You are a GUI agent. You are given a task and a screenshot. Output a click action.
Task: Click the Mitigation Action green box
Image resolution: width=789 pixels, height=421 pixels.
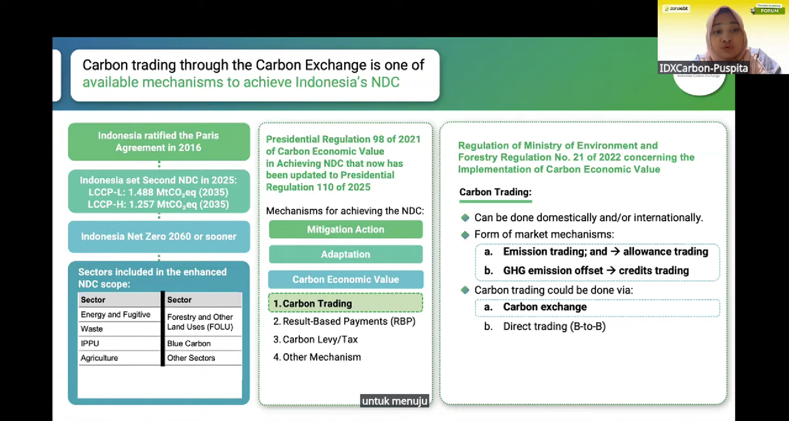click(x=346, y=229)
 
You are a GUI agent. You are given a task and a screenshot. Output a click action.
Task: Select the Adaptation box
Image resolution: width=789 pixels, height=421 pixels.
click(x=346, y=254)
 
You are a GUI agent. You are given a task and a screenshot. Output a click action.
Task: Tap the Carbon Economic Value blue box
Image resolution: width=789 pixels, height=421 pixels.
click(x=346, y=279)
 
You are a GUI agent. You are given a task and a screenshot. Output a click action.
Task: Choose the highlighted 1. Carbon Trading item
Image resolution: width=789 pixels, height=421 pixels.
click(x=346, y=303)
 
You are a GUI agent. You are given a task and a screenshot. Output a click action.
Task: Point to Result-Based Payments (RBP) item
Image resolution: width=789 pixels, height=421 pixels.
click(x=345, y=321)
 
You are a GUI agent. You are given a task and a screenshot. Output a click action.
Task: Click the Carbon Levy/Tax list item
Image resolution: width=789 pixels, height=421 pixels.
click(x=316, y=339)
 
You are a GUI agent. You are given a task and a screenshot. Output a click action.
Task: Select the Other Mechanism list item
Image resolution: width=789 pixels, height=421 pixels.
click(x=317, y=357)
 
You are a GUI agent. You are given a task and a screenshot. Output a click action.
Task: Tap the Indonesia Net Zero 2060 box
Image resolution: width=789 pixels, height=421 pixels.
click(x=159, y=236)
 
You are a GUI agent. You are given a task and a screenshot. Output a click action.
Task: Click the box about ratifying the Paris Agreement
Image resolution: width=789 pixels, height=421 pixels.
click(x=159, y=142)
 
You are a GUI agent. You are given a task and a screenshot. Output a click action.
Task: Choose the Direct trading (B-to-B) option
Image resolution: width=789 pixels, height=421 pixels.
click(x=544, y=326)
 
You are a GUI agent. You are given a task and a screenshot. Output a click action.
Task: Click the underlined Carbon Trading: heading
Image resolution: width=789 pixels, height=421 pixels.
click(x=495, y=192)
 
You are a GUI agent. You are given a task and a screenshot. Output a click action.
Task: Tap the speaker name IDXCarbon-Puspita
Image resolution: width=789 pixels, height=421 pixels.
click(x=703, y=68)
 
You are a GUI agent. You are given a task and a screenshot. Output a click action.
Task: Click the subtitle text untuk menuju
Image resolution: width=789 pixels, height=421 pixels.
click(x=394, y=401)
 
